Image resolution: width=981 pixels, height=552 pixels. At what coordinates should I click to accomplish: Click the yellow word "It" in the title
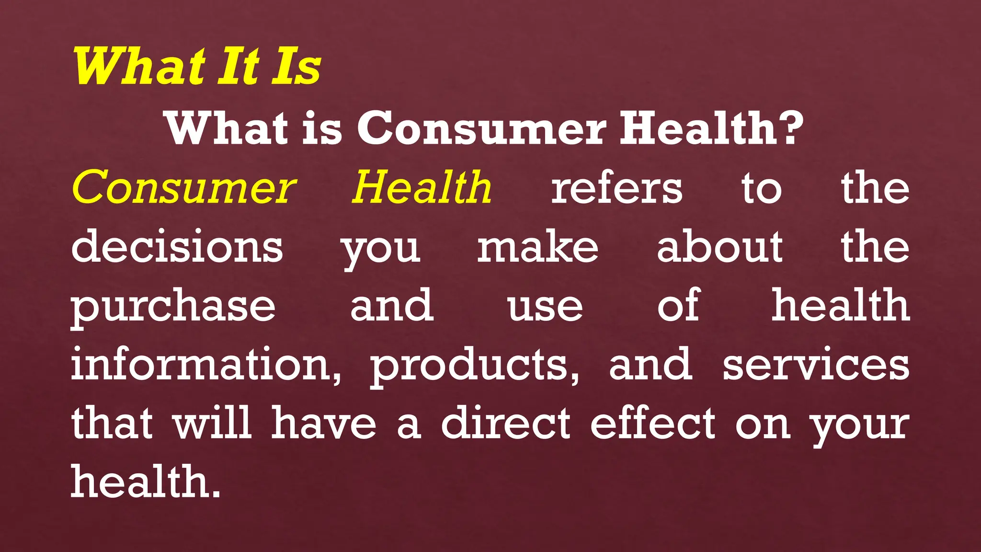tap(238, 67)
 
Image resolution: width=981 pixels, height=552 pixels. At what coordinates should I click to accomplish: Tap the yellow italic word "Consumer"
tap(184, 187)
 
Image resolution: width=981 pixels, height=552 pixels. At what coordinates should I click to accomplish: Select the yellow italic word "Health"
tap(422, 187)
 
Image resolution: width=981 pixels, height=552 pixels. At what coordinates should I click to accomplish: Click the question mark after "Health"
tap(791, 127)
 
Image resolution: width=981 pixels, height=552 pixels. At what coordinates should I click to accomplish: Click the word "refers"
tap(617, 187)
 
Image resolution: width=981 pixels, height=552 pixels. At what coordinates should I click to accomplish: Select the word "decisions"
tap(177, 246)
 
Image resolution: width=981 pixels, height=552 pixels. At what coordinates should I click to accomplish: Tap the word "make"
tap(537, 246)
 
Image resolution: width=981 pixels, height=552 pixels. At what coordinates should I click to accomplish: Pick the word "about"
tap(719, 246)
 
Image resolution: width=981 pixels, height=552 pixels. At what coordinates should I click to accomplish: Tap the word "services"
tap(816, 365)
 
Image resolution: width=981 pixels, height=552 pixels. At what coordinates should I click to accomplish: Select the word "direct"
tap(506, 423)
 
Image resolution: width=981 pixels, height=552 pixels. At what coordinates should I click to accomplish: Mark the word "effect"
tap(653, 423)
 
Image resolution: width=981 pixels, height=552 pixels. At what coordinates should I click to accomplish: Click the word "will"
tap(213, 423)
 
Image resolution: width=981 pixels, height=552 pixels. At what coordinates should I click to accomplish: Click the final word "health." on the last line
tap(146, 482)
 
